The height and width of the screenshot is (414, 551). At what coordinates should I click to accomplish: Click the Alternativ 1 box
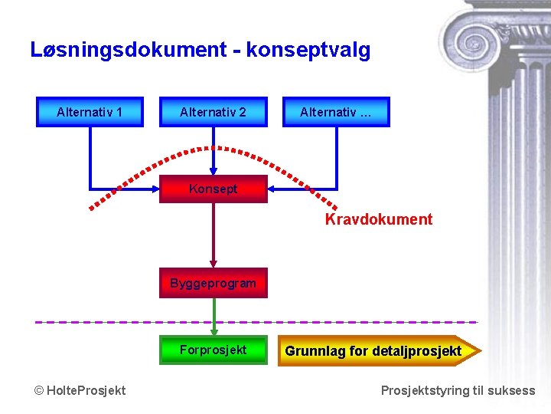(90, 112)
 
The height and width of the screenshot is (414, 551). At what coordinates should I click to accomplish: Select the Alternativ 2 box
(213, 112)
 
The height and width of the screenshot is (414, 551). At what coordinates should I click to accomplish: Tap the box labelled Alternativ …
(336, 112)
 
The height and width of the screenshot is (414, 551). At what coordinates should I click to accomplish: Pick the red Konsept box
(213, 189)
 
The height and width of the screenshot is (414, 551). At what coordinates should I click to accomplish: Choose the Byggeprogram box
(213, 283)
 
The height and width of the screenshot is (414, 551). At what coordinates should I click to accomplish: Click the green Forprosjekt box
(213, 350)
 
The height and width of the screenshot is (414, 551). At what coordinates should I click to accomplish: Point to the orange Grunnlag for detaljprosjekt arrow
(379, 351)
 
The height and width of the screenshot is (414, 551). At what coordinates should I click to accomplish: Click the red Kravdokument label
(378, 220)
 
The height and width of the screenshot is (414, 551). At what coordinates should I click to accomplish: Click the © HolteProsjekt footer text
(80, 391)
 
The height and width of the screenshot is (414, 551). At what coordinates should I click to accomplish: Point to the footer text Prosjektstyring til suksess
(458, 391)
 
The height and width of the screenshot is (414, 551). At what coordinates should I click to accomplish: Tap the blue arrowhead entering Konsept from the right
(272, 188)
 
